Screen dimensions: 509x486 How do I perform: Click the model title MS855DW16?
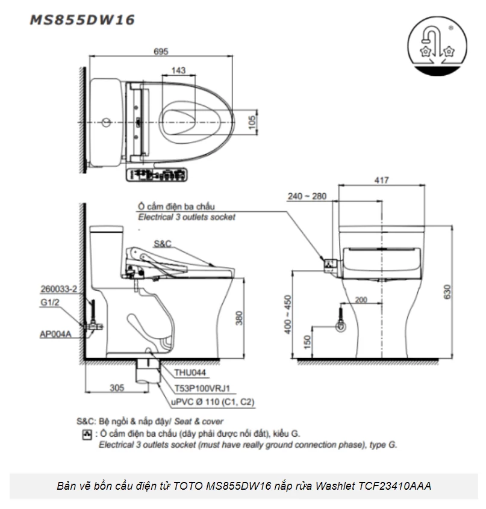(x=83, y=19)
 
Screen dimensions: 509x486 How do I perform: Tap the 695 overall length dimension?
(x=160, y=52)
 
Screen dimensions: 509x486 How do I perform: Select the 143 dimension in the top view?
(x=178, y=71)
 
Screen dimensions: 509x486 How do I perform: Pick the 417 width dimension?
(x=381, y=179)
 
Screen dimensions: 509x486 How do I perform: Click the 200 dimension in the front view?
(x=361, y=300)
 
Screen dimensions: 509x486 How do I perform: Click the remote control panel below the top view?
(x=157, y=175)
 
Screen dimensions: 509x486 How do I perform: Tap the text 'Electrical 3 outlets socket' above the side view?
(x=187, y=217)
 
